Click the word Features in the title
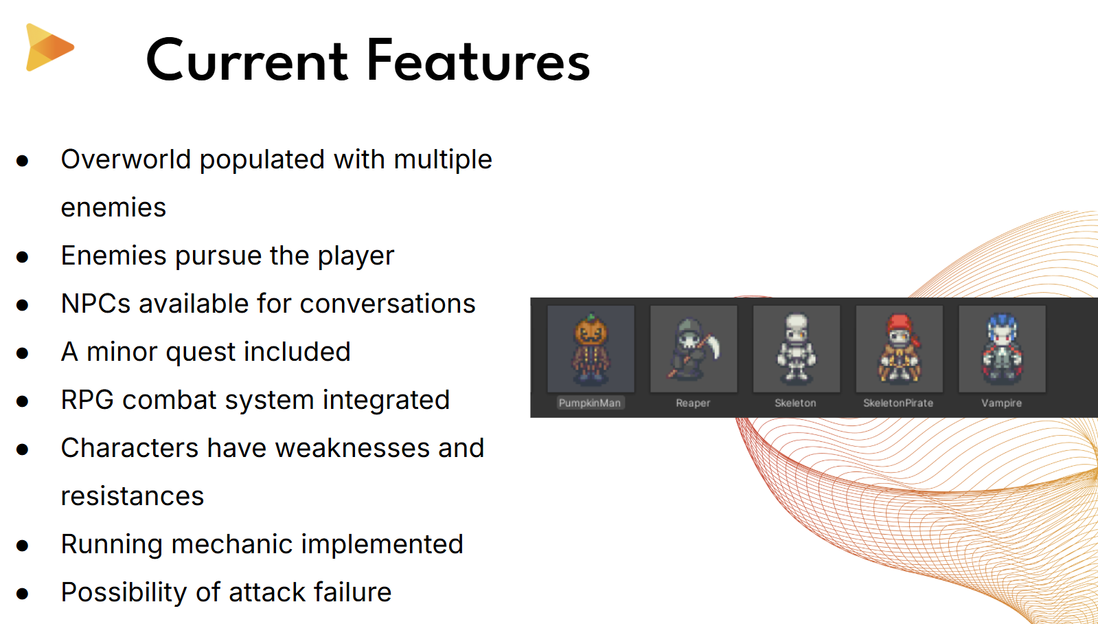(x=479, y=61)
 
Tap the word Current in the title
(x=247, y=62)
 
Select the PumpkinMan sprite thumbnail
(x=591, y=349)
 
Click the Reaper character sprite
(x=694, y=349)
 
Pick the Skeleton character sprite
(x=797, y=349)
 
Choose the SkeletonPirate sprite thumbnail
(x=900, y=349)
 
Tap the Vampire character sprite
(x=1003, y=349)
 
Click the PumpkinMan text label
(x=590, y=403)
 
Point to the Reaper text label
(x=693, y=403)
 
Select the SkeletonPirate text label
(x=898, y=403)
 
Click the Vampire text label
(x=1001, y=403)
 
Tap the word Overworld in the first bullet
(x=126, y=159)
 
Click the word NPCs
(x=95, y=304)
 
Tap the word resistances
(x=133, y=496)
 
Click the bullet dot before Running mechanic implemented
(x=22, y=546)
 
